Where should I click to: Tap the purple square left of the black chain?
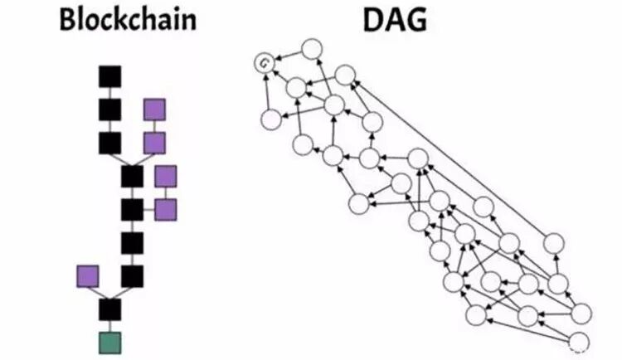click(x=88, y=275)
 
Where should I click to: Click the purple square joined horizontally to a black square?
click(x=166, y=209)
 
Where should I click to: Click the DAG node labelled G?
click(x=264, y=61)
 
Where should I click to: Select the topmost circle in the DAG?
click(x=311, y=49)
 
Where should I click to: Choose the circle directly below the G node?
click(x=270, y=120)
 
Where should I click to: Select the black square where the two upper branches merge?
click(x=132, y=176)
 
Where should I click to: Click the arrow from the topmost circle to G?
click(x=287, y=56)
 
